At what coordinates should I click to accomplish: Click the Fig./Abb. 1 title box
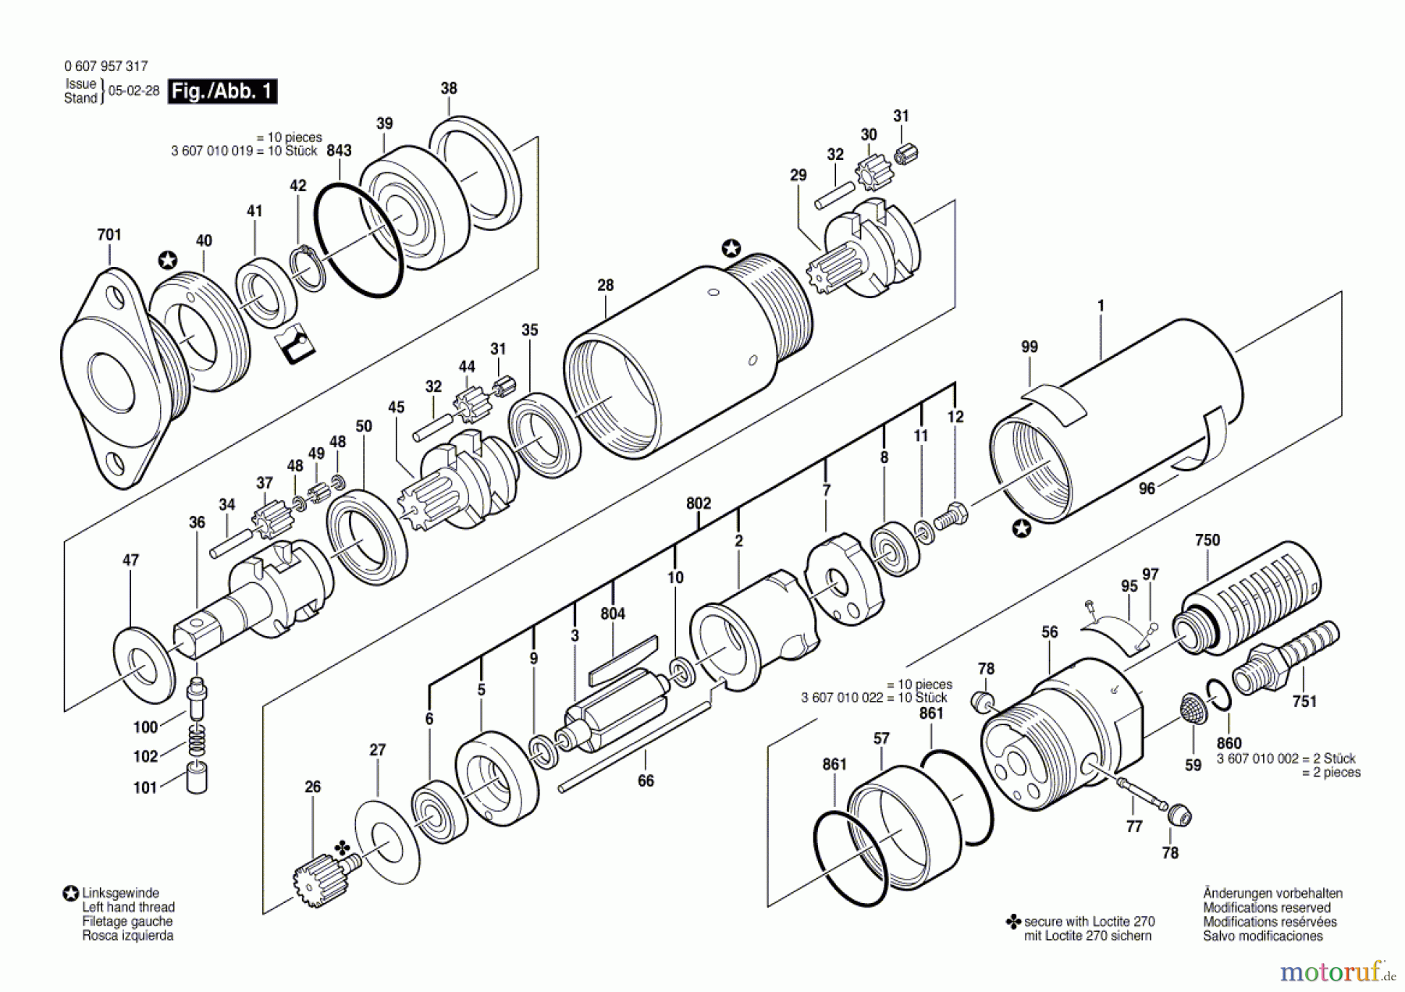pyautogui.click(x=222, y=91)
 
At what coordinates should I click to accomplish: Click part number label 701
pyautogui.click(x=109, y=235)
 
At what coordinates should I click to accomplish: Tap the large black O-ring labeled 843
pyautogui.click(x=358, y=240)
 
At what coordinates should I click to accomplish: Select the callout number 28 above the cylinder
pyautogui.click(x=606, y=286)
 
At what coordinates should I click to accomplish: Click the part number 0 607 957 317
pyautogui.click(x=105, y=66)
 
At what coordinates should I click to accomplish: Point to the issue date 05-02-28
pyautogui.click(x=133, y=91)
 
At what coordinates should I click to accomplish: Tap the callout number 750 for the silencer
pyautogui.click(x=1207, y=540)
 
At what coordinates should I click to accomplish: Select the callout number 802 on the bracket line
pyautogui.click(x=699, y=503)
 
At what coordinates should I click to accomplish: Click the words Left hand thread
pyautogui.click(x=128, y=907)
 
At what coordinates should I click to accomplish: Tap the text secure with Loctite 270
pyautogui.click(x=1089, y=922)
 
